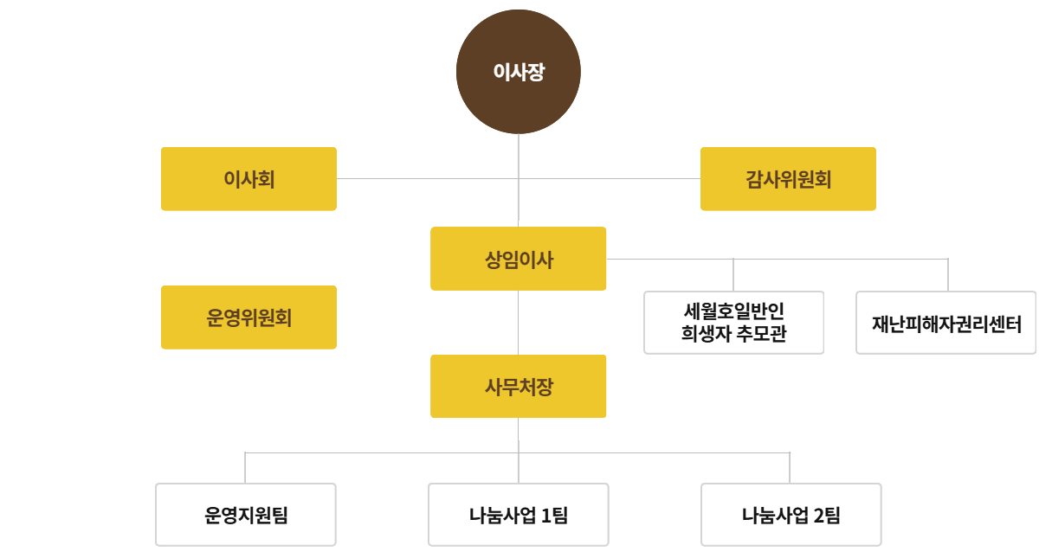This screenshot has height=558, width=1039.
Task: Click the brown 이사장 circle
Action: pyautogui.click(x=519, y=72)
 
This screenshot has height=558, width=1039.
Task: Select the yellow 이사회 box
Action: pyautogui.click(x=248, y=179)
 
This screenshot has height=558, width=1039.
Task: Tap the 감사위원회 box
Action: pyautogui.click(x=788, y=179)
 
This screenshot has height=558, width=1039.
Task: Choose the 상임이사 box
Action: pyautogui.click(x=519, y=259)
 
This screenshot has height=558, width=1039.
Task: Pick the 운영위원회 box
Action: pyautogui.click(x=248, y=317)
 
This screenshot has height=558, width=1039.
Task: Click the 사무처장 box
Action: pyautogui.click(x=519, y=387)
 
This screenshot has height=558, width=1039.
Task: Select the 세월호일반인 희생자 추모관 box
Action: pyautogui.click(x=733, y=323)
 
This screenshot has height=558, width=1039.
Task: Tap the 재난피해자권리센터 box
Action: pyautogui.click(x=945, y=324)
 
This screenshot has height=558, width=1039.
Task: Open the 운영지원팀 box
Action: pyautogui.click(x=246, y=515)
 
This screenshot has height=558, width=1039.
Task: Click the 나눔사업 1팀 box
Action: pyautogui.click(x=519, y=515)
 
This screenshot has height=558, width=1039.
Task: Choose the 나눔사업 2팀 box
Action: pyautogui.click(x=791, y=515)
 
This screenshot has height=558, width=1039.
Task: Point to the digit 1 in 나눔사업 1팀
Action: pyautogui.click(x=545, y=516)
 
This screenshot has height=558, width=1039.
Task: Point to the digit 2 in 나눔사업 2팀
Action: pyautogui.click(x=819, y=516)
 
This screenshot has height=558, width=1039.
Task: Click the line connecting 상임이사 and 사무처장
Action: pyautogui.click(x=519, y=323)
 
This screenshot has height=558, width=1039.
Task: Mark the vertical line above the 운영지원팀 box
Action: pyautogui.click(x=246, y=468)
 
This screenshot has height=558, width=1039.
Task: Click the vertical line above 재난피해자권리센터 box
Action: pyautogui.click(x=947, y=275)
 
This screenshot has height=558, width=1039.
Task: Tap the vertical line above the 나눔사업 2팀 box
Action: pyautogui.click(x=790, y=468)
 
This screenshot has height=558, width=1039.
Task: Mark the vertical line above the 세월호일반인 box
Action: pyautogui.click(x=733, y=275)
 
